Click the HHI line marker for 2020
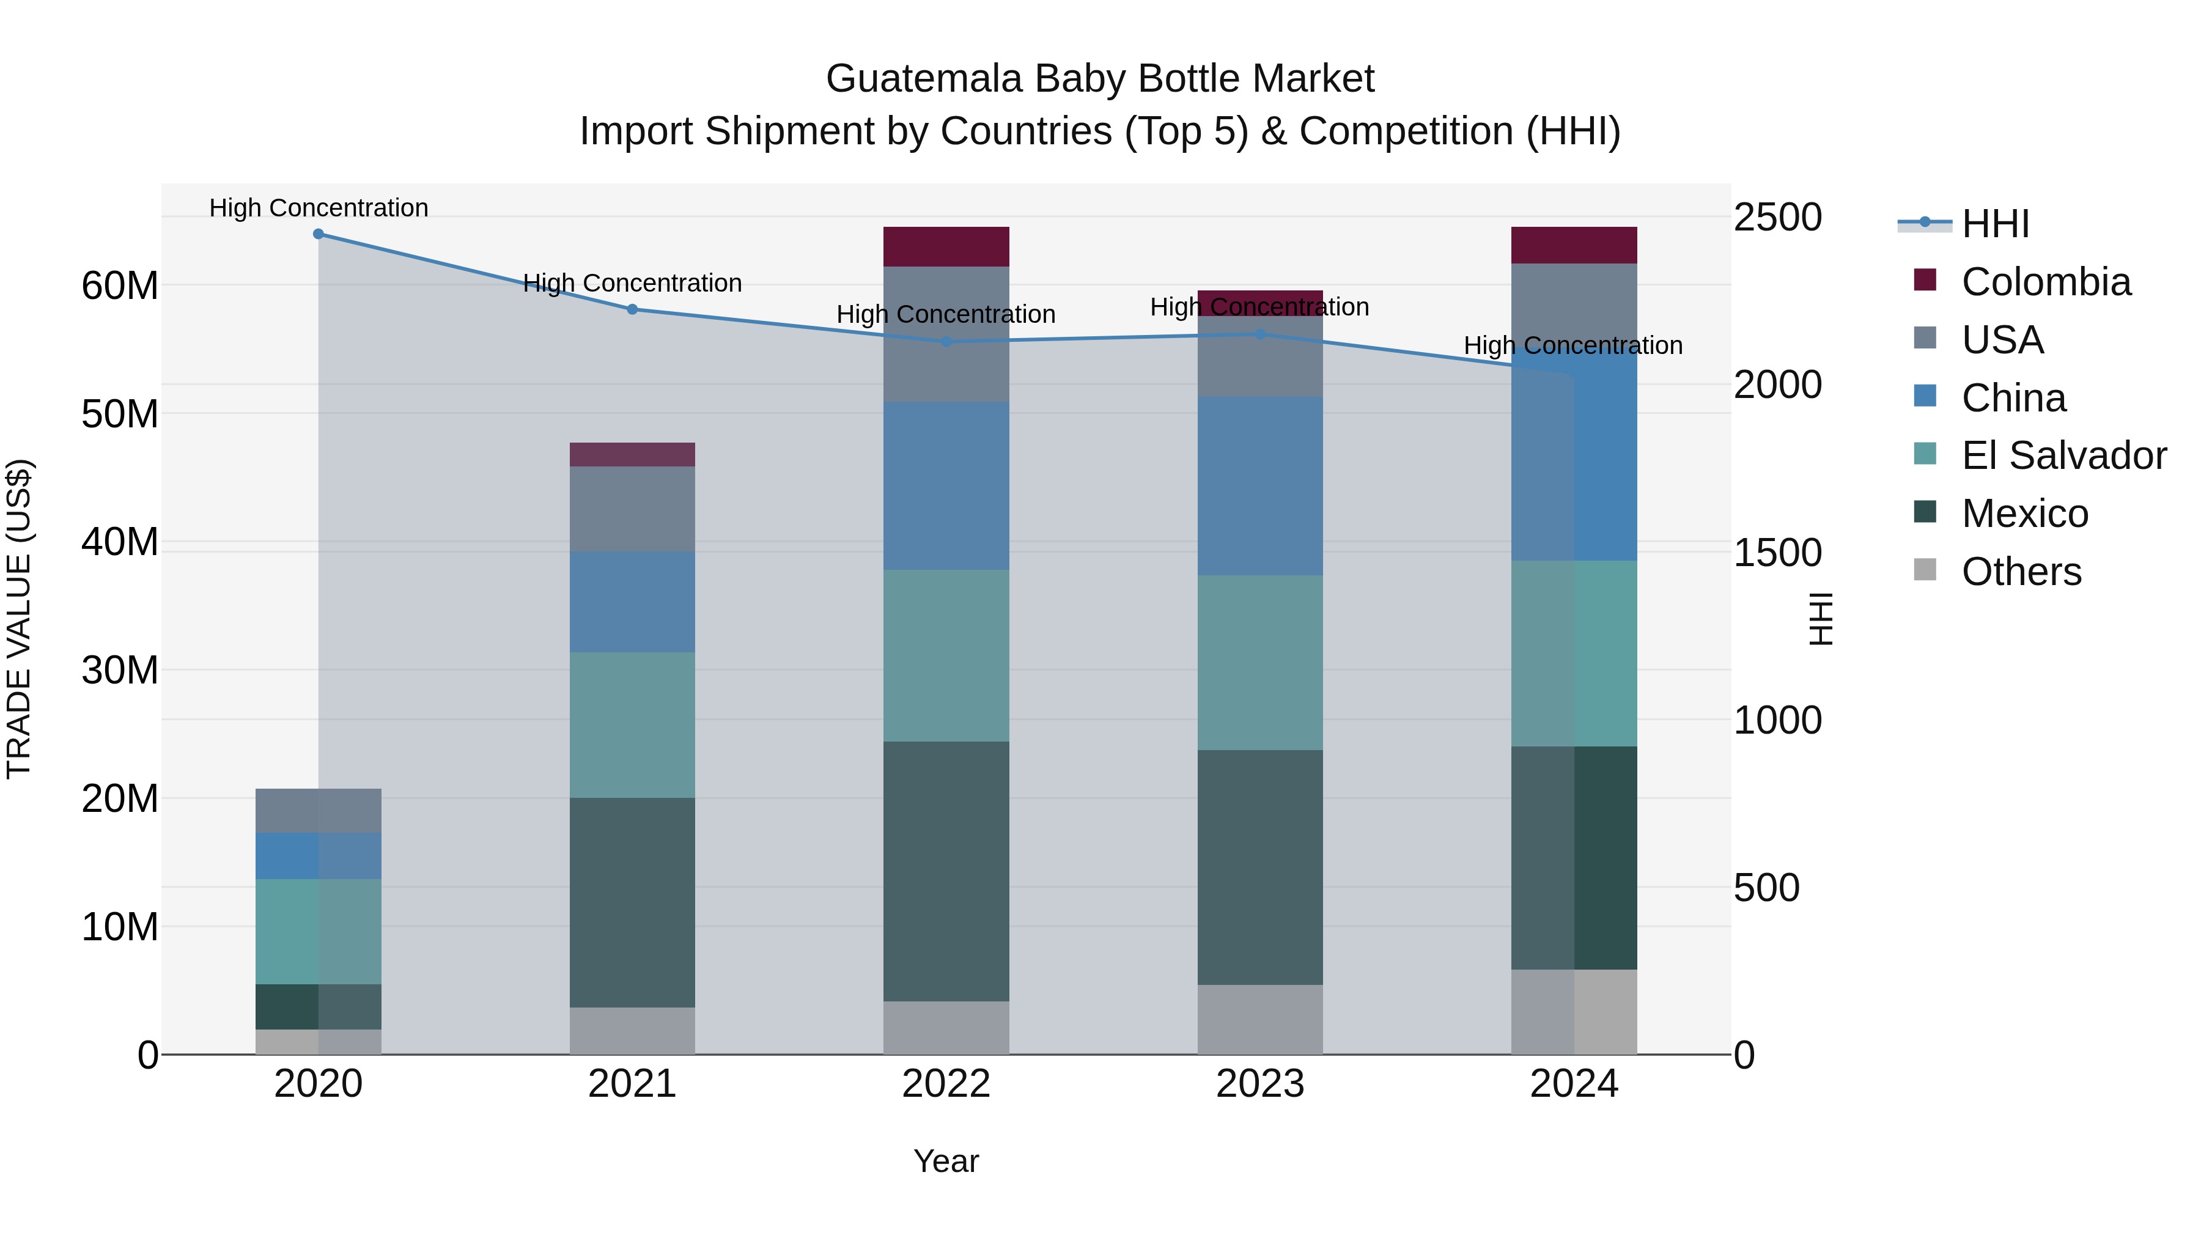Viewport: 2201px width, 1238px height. (318, 234)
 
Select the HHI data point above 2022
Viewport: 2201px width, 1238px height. (946, 342)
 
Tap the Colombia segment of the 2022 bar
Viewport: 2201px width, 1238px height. (946, 247)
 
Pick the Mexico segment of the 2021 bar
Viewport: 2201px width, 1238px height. (632, 902)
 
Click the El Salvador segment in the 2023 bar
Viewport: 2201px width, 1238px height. (1259, 662)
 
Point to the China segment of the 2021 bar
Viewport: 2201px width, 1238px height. (632, 602)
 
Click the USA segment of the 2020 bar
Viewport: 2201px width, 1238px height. (318, 810)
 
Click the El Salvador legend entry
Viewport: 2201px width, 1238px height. (2063, 455)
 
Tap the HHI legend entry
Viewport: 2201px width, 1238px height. (1994, 224)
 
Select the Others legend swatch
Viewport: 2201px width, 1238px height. (1925, 569)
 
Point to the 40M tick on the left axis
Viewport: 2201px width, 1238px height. (120, 542)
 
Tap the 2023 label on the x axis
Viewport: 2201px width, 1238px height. (1259, 1084)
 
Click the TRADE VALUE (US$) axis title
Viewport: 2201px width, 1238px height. (19, 619)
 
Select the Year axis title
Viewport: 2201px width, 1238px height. (946, 1161)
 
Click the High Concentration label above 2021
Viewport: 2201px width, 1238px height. (632, 283)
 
